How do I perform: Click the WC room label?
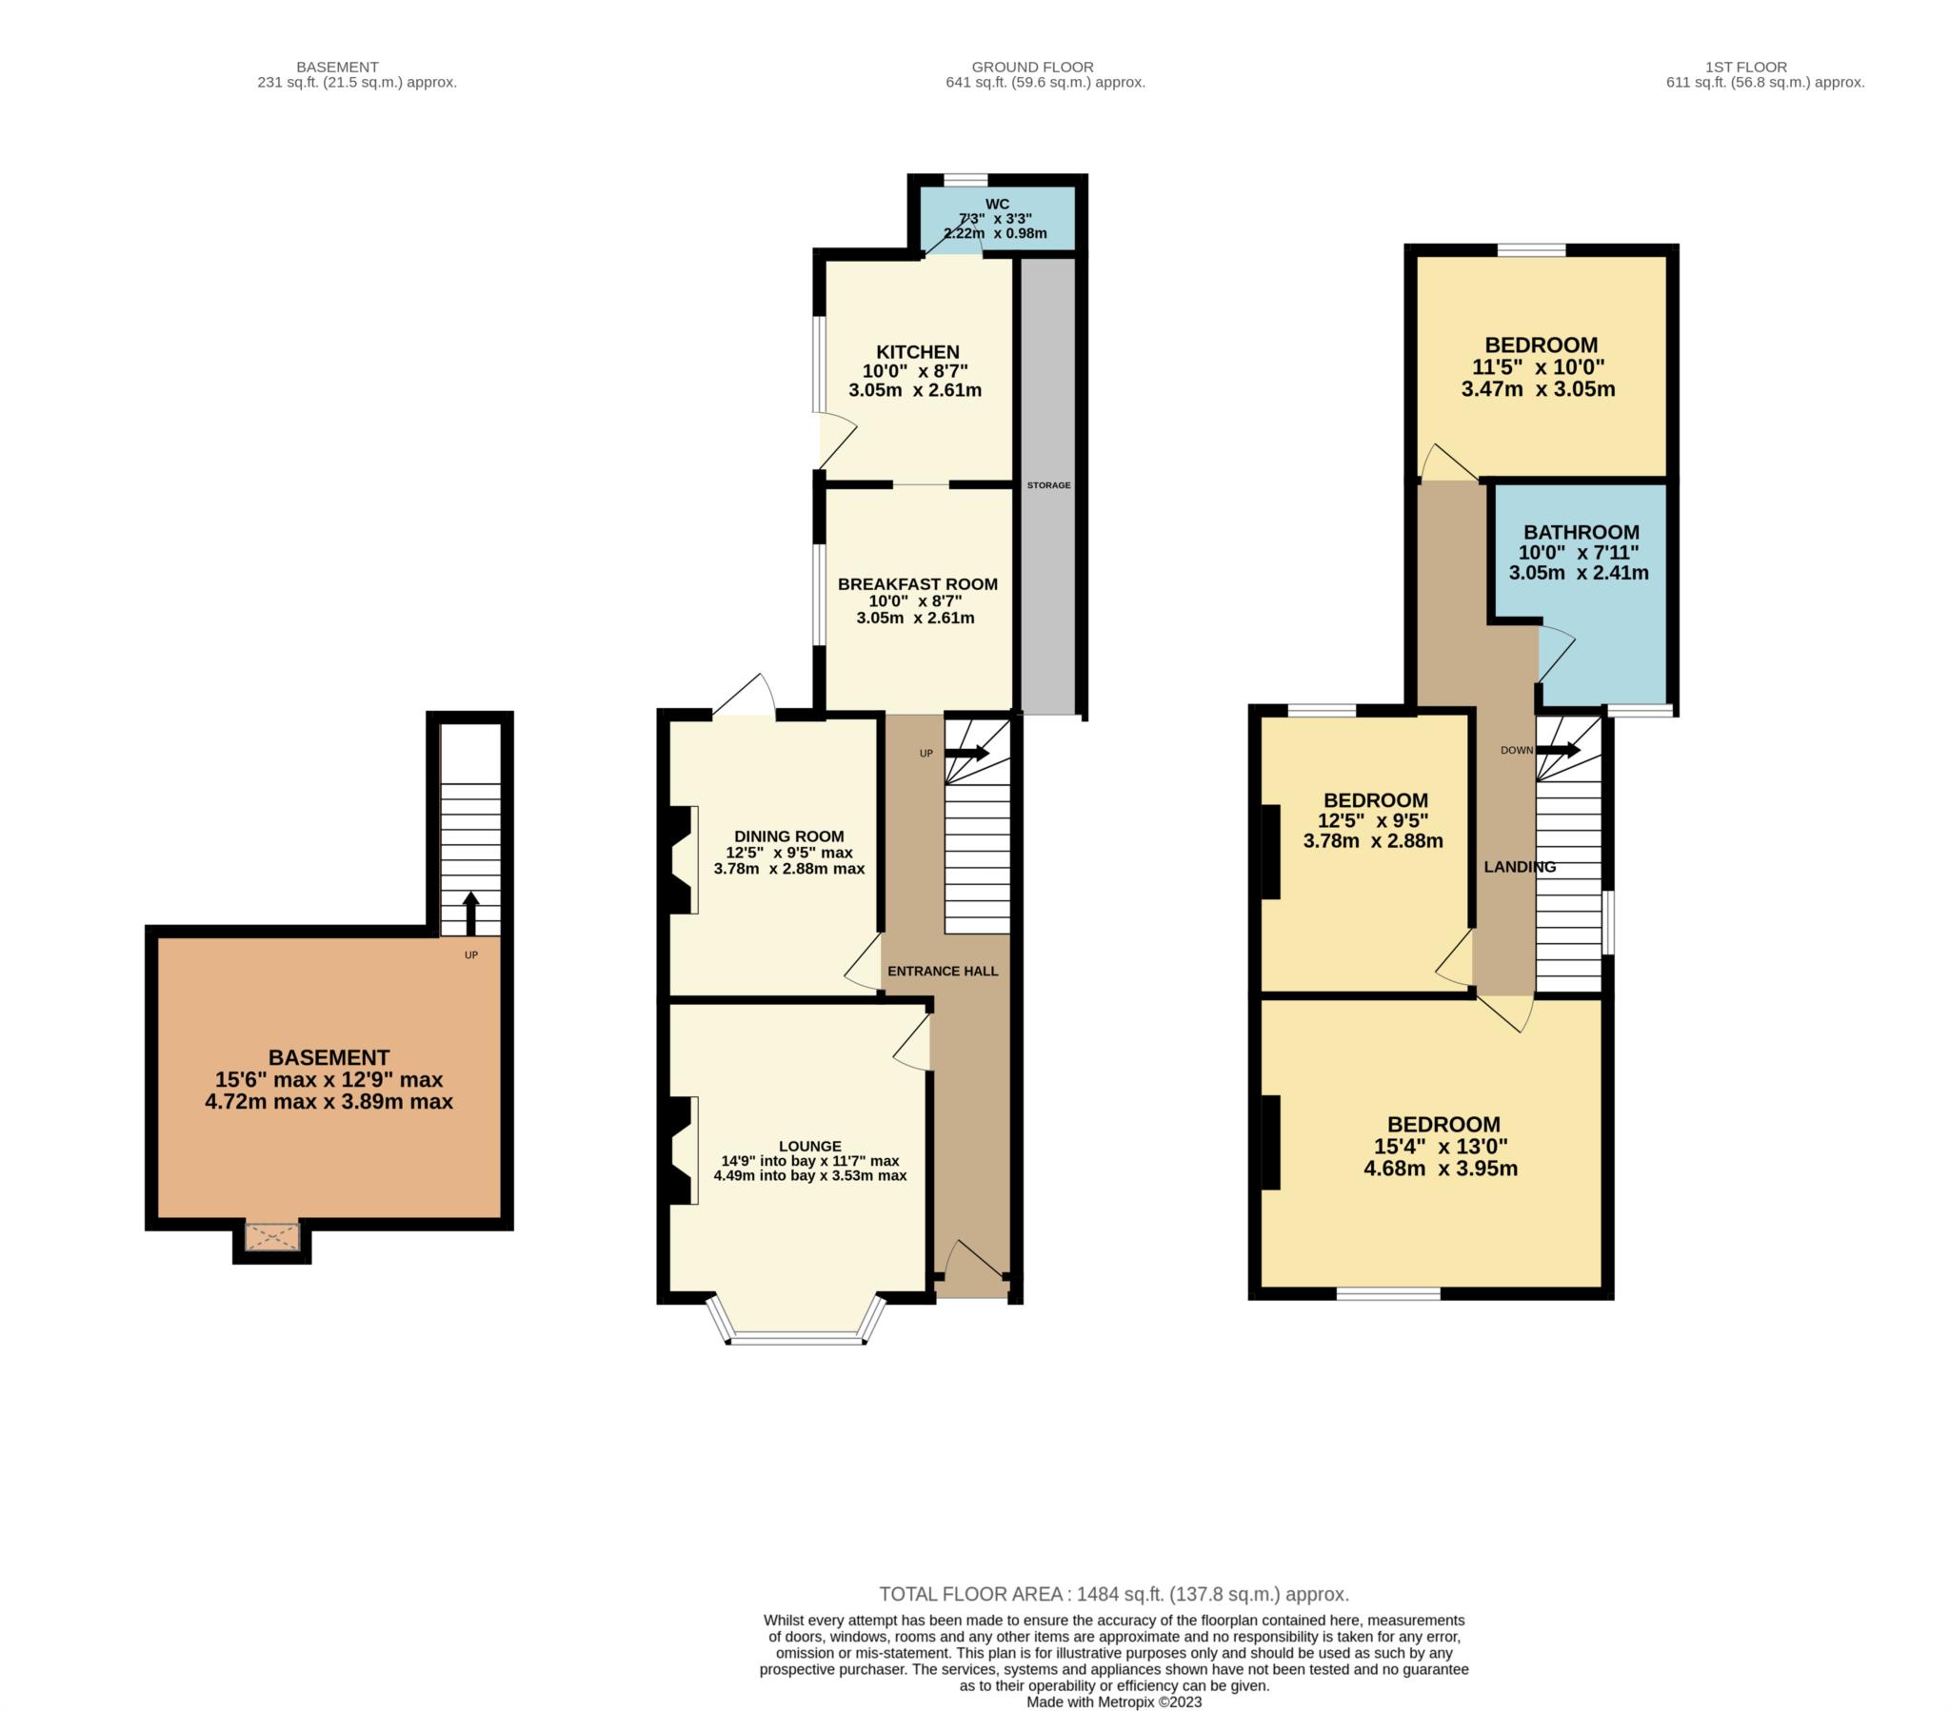(x=996, y=204)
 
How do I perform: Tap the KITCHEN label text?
(x=917, y=352)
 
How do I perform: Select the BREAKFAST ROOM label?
(x=917, y=583)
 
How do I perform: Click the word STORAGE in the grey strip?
(x=1048, y=485)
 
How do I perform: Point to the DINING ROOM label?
(x=788, y=836)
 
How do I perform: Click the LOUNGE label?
(x=810, y=1146)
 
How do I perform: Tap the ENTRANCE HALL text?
(x=942, y=971)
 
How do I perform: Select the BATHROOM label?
(x=1581, y=532)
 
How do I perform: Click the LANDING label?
(x=1519, y=867)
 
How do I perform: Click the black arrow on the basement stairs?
(x=470, y=914)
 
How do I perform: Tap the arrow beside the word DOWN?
(x=1558, y=750)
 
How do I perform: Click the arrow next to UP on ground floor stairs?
(x=966, y=754)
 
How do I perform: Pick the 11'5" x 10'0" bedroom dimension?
(x=1538, y=367)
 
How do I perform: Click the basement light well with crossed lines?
(x=272, y=1237)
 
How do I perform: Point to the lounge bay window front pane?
(x=796, y=1339)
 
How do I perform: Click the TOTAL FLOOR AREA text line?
(x=1113, y=1594)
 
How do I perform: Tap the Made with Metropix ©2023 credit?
(x=1113, y=1701)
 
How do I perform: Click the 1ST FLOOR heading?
(x=1745, y=67)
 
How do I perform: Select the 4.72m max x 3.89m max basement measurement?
(x=328, y=1102)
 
